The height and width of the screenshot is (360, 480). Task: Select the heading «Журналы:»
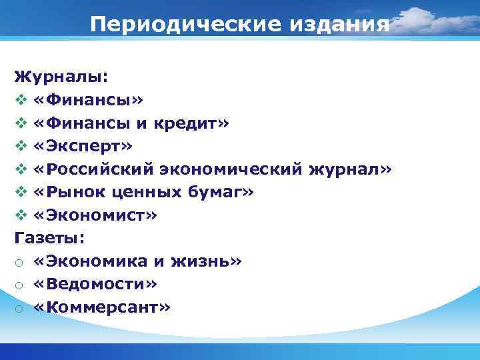tap(60, 77)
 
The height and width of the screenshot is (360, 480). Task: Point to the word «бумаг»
tap(221, 192)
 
